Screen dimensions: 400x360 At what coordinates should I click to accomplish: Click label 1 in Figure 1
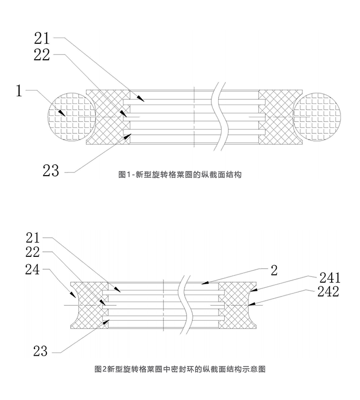pos(19,91)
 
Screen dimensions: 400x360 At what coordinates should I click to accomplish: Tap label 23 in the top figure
pos(51,170)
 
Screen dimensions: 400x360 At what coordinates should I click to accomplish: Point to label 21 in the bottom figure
pos(32,237)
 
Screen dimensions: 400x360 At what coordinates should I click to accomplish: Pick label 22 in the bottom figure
pos(32,252)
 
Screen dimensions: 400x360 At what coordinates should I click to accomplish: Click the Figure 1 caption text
pos(180,175)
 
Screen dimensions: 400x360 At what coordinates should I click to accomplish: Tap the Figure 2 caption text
pos(180,369)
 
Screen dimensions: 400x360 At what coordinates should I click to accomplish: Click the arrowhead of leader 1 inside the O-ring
pos(64,113)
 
